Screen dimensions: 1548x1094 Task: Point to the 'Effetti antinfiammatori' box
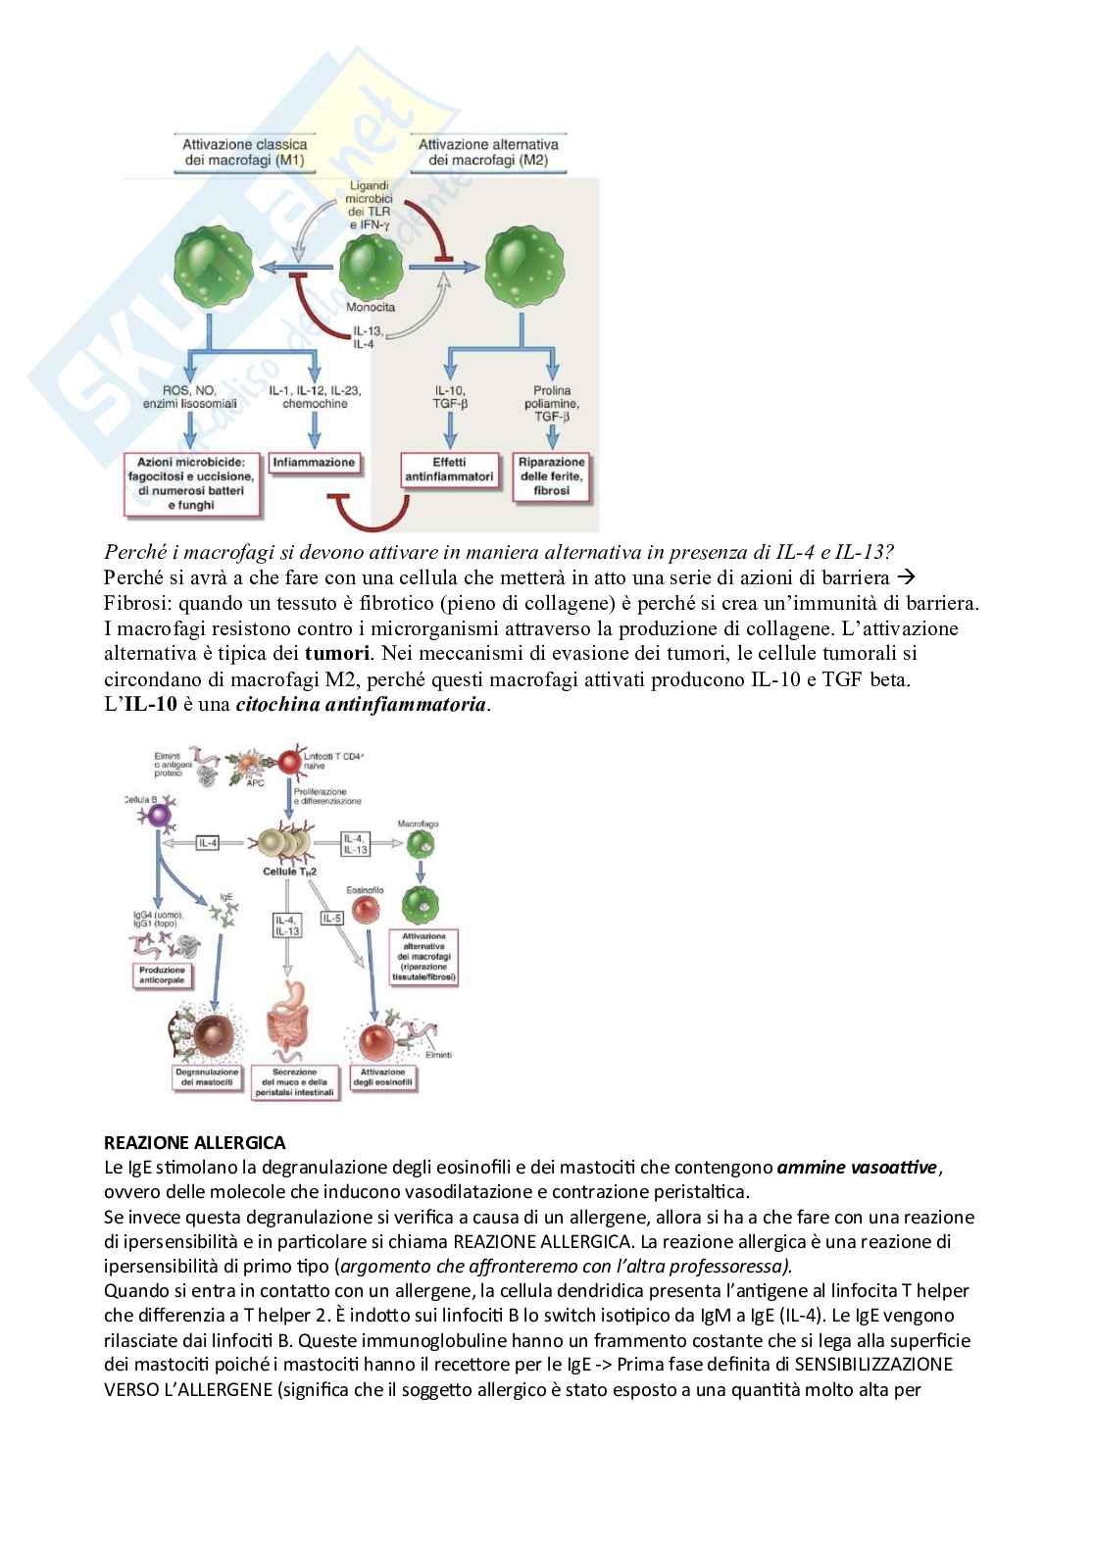click(x=449, y=470)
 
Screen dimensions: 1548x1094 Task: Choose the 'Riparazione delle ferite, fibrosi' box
click(x=552, y=476)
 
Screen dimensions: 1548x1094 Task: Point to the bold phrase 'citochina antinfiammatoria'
click(x=361, y=705)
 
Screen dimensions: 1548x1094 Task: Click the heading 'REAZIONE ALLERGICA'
click(x=195, y=1143)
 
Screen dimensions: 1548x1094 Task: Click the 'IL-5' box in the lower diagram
click(x=331, y=919)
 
